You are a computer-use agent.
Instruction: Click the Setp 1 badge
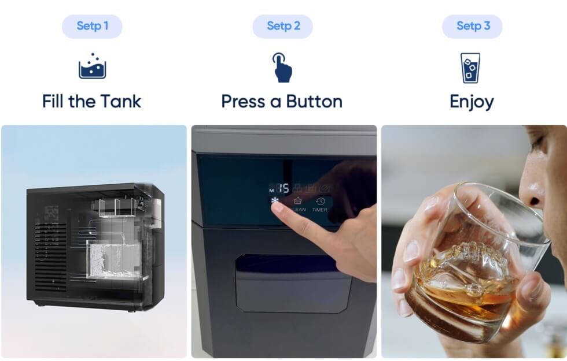[92, 27]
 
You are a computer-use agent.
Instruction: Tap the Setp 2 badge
[283, 27]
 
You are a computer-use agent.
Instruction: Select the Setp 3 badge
[472, 27]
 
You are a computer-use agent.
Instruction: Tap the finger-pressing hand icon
[282, 68]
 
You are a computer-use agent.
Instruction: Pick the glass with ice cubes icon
[470, 68]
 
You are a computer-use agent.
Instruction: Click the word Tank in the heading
[121, 102]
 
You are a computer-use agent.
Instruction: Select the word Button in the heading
[315, 102]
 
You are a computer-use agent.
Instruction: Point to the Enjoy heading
[472, 102]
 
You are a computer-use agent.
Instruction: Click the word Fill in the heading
[53, 102]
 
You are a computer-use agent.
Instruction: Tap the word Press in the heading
[244, 102]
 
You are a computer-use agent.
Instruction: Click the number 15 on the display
[283, 188]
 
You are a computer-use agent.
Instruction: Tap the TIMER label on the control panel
[319, 210]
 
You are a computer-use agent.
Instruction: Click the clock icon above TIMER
[321, 202]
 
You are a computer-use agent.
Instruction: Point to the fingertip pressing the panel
[277, 209]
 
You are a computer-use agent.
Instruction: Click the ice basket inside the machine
[115, 260]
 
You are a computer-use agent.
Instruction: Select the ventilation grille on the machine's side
[51, 256]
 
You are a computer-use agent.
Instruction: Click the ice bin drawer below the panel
[293, 284]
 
